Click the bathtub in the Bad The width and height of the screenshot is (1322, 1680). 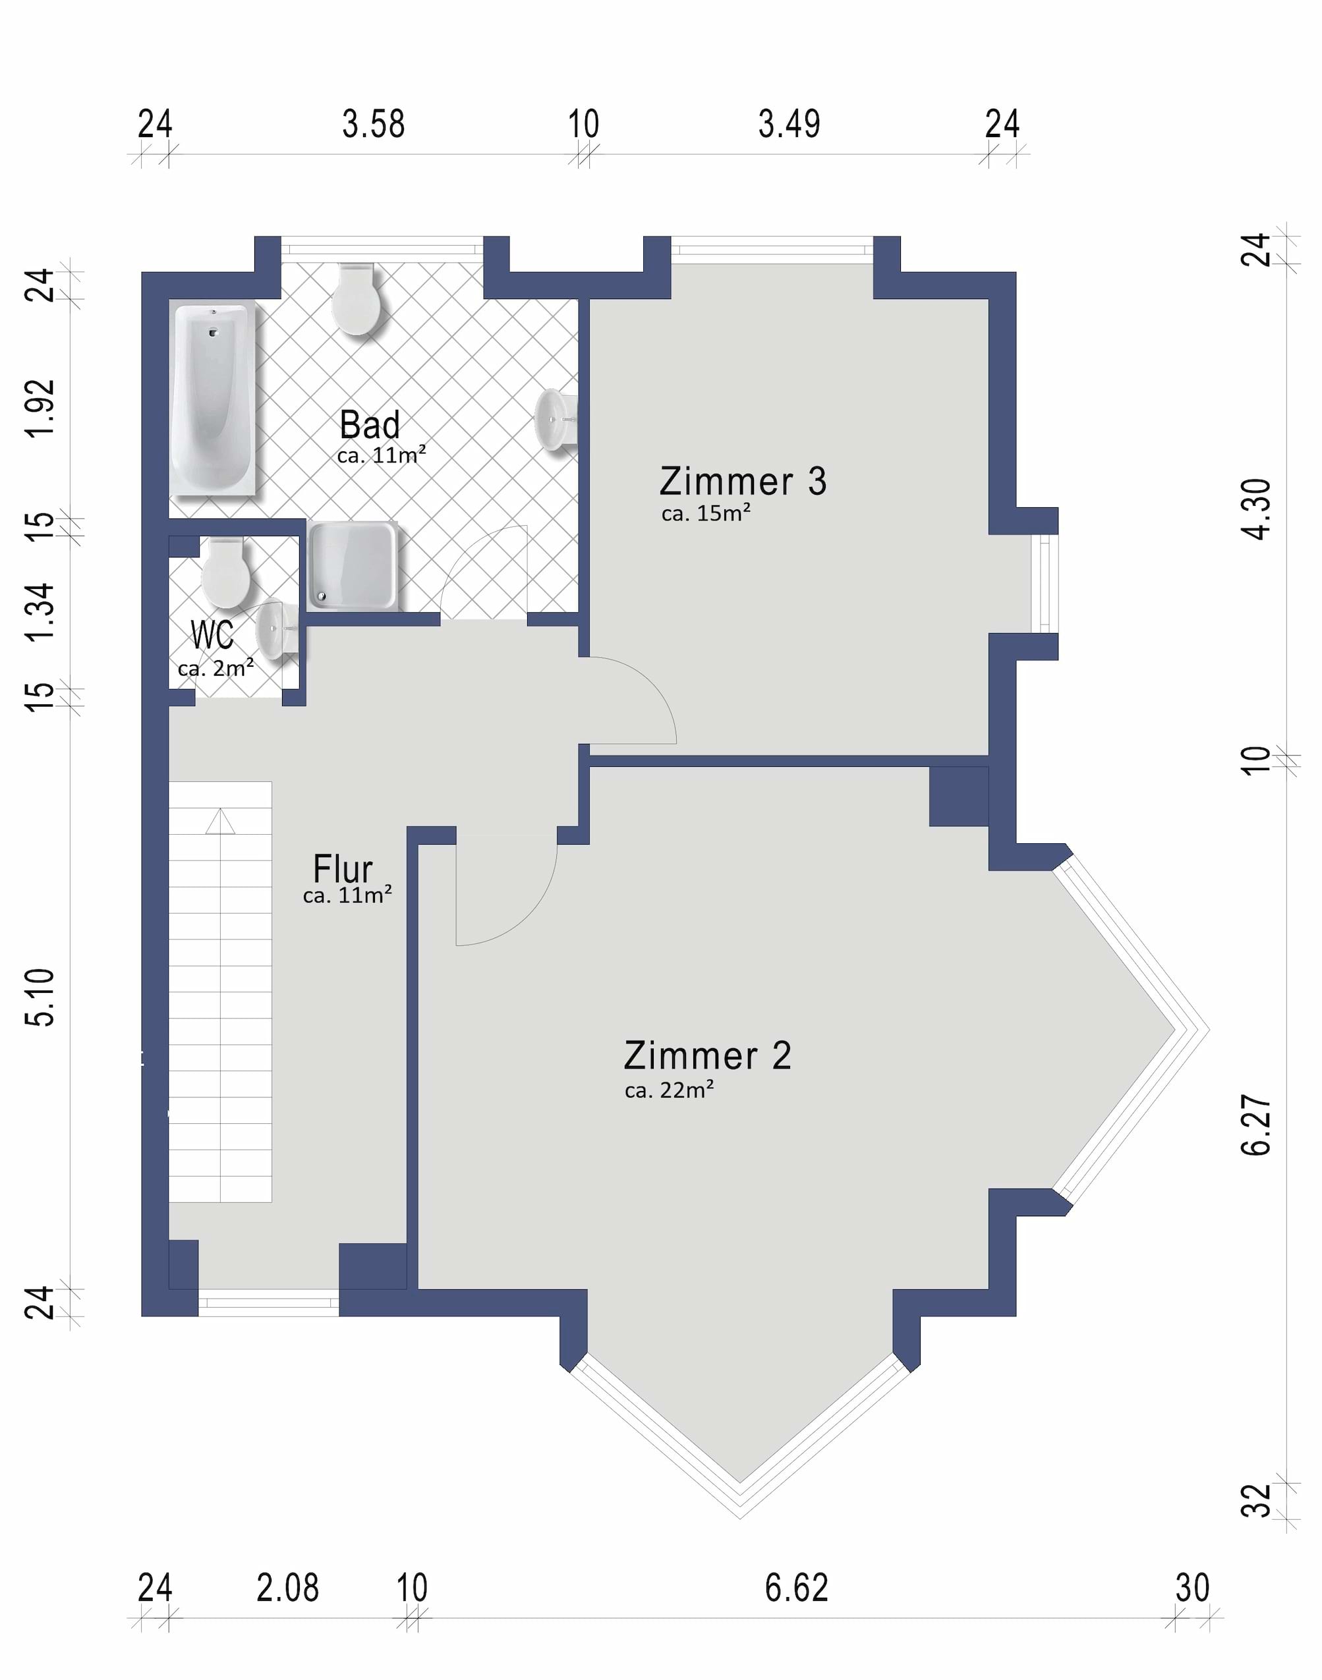point(214,399)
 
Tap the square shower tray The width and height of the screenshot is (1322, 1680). point(353,566)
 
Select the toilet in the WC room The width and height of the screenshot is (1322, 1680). point(225,573)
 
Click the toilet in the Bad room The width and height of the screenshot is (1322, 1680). point(356,298)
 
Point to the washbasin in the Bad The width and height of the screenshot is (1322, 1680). point(556,420)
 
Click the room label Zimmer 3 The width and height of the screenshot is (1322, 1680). point(743,482)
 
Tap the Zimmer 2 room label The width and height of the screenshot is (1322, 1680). point(707,1055)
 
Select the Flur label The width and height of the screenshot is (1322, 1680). point(343,869)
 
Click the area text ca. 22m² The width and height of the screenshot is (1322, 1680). point(670,1090)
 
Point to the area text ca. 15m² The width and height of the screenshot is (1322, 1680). point(706,513)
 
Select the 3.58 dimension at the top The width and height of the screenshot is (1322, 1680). point(374,124)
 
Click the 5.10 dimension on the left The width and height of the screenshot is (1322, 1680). point(40,997)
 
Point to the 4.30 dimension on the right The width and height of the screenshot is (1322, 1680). point(1255,509)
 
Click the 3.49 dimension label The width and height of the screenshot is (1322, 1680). point(790,124)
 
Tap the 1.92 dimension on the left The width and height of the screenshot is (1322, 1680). point(40,408)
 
